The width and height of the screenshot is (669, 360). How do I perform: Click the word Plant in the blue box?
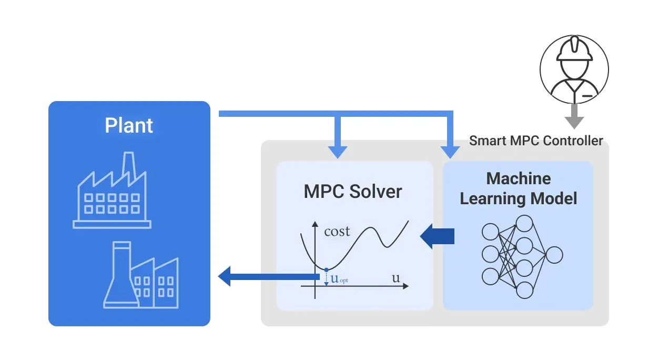[129, 126]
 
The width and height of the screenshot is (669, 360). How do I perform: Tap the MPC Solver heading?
[352, 192]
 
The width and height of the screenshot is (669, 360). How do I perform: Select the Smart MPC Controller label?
[536, 141]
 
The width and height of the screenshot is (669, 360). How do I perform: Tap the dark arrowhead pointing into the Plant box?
[225, 276]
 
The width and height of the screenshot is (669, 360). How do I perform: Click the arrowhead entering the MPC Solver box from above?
[337, 151]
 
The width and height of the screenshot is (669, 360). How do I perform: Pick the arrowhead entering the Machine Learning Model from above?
[450, 152]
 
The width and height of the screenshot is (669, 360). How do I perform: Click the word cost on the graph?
[337, 231]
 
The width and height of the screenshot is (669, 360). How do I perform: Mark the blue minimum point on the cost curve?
[326, 269]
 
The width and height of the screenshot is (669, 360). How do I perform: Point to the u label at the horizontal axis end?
[396, 278]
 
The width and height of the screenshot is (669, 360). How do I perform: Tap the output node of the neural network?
[554, 255]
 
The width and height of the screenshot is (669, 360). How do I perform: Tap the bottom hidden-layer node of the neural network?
[524, 290]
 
